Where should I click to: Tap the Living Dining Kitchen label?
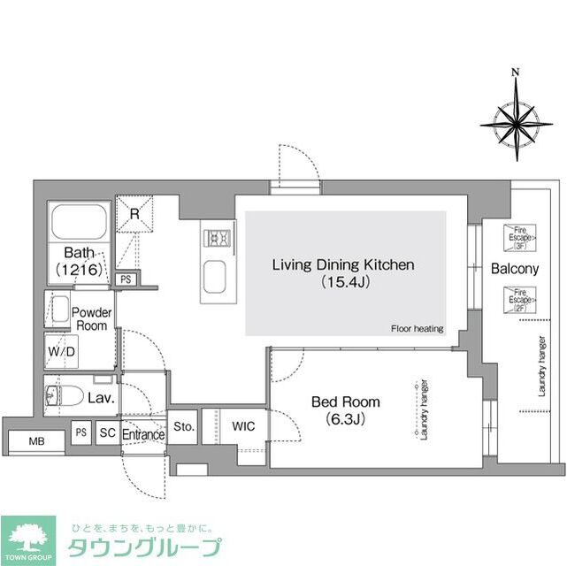[342, 273]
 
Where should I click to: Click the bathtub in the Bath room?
[79, 220]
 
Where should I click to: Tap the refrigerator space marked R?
[134, 214]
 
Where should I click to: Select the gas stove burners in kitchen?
[218, 238]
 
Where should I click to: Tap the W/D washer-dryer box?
[61, 350]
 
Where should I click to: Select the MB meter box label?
[36, 440]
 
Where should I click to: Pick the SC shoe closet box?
[107, 433]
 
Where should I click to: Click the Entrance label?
[142, 434]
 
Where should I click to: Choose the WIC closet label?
[243, 426]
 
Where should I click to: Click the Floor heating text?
[417, 329]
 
